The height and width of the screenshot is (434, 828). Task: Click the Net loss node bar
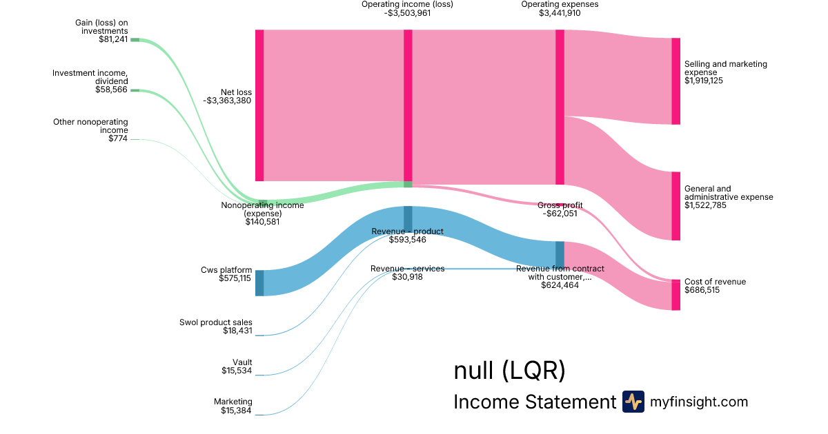pos(259,105)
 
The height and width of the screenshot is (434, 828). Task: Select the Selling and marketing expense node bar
pos(676,81)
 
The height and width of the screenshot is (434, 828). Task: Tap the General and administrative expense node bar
pos(676,206)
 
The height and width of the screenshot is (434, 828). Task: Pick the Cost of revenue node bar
pos(676,295)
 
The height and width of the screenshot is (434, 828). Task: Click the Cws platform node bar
pos(259,283)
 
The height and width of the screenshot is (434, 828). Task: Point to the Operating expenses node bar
pos(560,107)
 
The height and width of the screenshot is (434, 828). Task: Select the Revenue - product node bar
pos(408,218)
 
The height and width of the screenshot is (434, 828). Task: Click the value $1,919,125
pos(704,81)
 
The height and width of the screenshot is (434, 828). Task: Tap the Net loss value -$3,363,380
pos(227,101)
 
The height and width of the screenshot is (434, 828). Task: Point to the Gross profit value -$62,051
pos(560,214)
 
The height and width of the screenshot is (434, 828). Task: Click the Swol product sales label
pos(216,322)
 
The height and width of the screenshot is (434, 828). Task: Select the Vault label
pos(242,362)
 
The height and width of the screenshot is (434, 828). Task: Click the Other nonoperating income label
pos(90,126)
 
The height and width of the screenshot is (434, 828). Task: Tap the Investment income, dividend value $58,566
pos(112,90)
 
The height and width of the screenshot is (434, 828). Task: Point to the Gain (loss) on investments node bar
pos(135,40)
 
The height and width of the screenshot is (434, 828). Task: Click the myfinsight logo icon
pos(633,402)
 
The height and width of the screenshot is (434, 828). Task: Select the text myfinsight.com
pos(699,402)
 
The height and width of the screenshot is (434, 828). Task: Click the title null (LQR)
pos(509,371)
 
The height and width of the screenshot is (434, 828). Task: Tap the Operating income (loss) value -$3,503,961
pos(408,13)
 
